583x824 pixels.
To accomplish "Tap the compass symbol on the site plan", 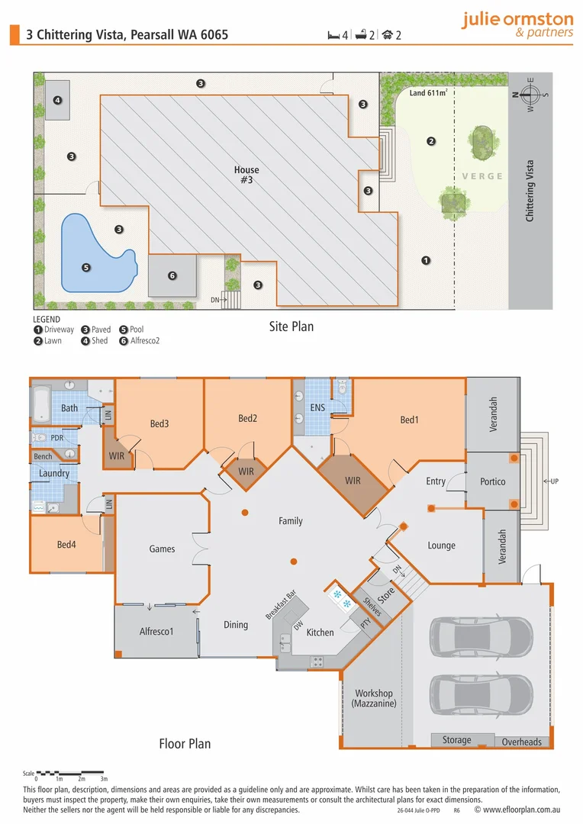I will tap(531, 95).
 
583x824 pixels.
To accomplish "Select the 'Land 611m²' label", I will tap(427, 93).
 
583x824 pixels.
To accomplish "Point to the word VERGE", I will tap(482, 176).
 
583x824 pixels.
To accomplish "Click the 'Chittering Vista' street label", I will tap(530, 191).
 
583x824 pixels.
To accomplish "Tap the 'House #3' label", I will tap(246, 175).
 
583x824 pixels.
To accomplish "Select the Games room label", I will tap(162, 549).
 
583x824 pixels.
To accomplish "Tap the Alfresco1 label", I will tap(156, 631).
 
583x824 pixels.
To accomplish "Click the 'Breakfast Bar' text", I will tap(280, 605).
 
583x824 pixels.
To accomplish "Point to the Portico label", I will tap(493, 481).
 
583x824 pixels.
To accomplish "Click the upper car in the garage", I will tap(482, 632).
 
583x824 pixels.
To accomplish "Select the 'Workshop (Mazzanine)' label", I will tap(374, 699).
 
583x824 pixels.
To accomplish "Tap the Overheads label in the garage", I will tap(522, 742).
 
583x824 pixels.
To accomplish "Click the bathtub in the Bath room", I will tap(41, 405).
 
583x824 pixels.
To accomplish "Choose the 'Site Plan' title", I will tap(291, 327).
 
